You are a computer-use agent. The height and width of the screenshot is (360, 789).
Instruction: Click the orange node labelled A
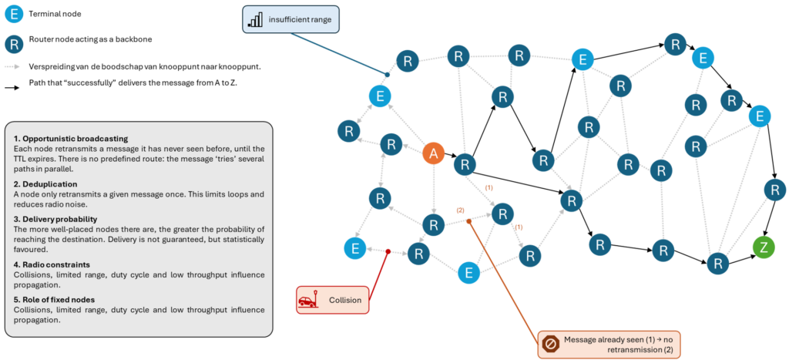pyautogui.click(x=433, y=154)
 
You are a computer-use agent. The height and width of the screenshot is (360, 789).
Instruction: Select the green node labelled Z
pyautogui.click(x=764, y=247)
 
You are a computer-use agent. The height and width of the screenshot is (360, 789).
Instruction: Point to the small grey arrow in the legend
pyautogui.click(x=13, y=67)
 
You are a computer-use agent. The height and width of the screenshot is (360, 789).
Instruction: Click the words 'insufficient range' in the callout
pyautogui.click(x=300, y=19)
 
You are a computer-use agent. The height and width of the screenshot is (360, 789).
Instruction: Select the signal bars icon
pyautogui.click(x=255, y=20)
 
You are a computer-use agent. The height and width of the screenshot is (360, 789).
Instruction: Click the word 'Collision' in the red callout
pyautogui.click(x=344, y=300)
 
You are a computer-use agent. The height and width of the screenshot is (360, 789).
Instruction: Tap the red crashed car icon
pyautogui.click(x=308, y=300)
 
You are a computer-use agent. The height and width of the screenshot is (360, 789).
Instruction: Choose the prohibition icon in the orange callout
pyautogui.click(x=550, y=344)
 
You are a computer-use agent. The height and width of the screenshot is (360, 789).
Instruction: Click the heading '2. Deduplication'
pyautogui.click(x=45, y=184)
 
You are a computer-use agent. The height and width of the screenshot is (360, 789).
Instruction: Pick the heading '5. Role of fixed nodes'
pyautogui.click(x=54, y=300)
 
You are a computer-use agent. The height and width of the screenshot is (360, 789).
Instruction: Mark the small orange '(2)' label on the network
pyautogui.click(x=460, y=210)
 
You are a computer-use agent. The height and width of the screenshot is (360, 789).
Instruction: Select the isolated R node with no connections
pyautogui.click(x=600, y=245)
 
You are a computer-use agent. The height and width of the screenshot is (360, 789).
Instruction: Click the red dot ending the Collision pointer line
pyautogui.click(x=388, y=251)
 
